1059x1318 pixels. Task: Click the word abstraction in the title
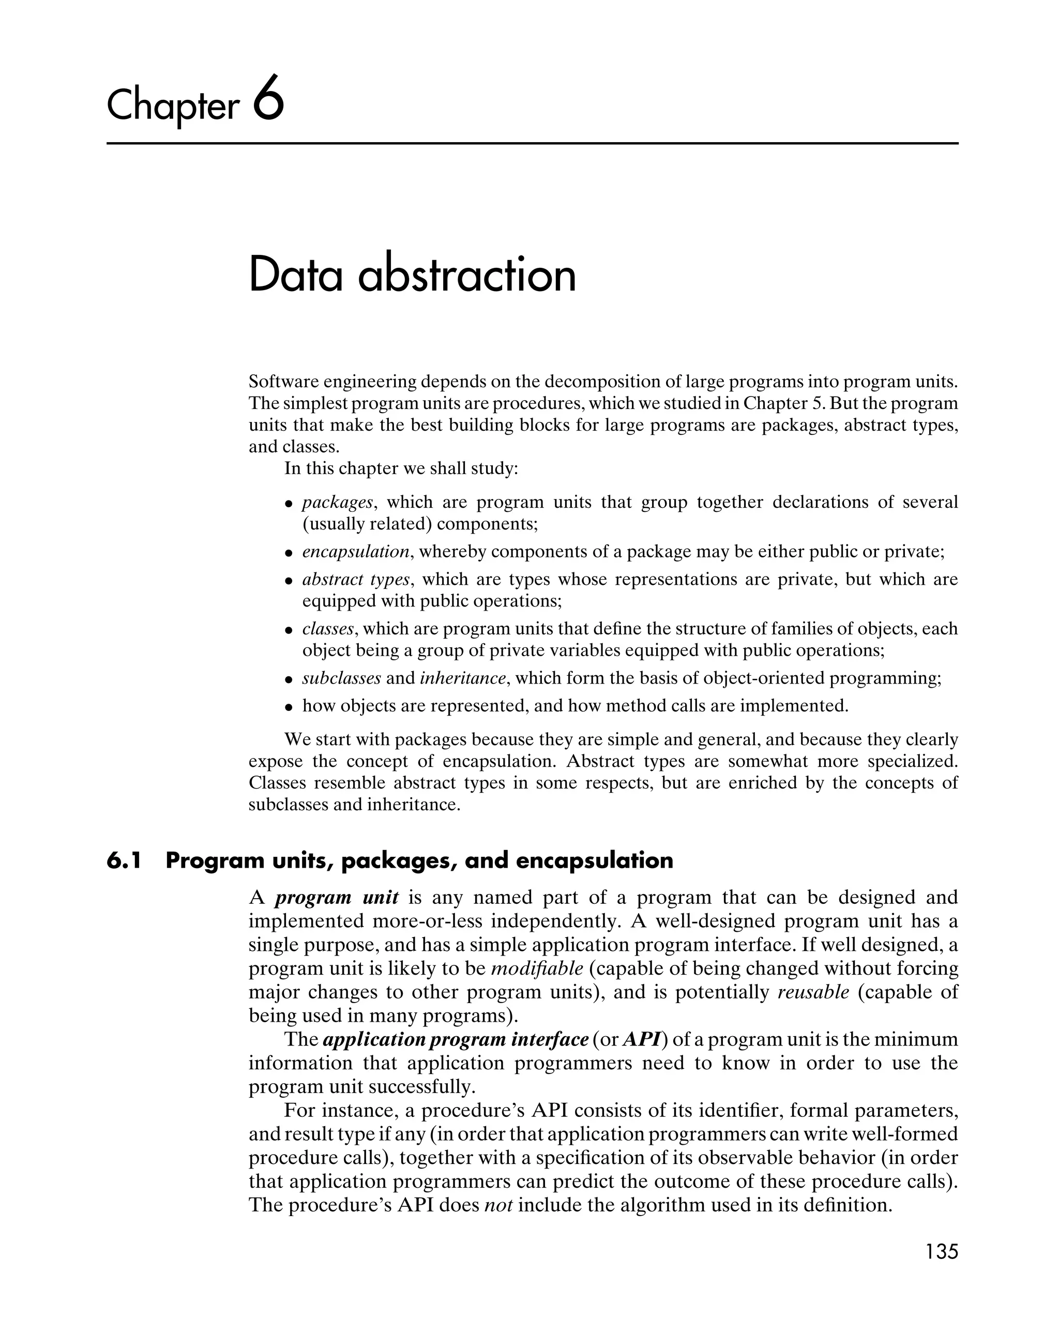466,276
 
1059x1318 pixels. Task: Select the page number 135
942,1251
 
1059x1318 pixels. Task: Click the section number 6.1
124,861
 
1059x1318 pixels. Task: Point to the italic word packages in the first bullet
338,503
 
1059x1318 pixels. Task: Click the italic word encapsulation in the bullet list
356,552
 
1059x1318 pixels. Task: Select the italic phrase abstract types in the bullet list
356,580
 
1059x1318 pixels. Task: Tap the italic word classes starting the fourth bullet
328,629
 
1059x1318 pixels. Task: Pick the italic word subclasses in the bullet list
341,678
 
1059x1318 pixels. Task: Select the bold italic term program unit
336,898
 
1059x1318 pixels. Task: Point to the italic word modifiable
537,968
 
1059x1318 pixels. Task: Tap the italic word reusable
813,992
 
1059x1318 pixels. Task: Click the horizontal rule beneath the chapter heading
532,144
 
